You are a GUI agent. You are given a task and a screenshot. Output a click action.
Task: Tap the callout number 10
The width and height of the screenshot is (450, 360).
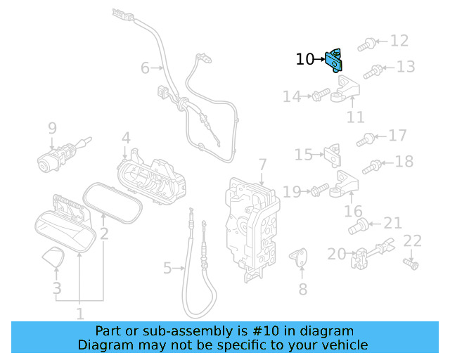(x=306, y=60)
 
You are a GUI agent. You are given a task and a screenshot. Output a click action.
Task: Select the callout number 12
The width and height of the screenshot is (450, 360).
(x=399, y=41)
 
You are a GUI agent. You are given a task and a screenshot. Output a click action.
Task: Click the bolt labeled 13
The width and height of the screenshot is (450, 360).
(x=373, y=70)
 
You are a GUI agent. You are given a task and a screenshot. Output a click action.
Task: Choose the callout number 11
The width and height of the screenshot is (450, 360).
(x=356, y=116)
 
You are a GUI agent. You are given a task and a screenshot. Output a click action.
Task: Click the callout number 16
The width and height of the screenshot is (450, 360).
(x=353, y=211)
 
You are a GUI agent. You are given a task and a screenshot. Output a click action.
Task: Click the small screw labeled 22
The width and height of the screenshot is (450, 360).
(x=412, y=264)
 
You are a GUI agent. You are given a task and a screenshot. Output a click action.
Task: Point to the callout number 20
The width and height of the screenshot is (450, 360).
(x=337, y=254)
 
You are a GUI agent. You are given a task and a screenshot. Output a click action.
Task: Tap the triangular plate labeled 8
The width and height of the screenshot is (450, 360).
(x=301, y=257)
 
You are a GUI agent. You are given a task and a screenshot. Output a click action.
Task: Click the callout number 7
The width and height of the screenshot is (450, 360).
(x=262, y=165)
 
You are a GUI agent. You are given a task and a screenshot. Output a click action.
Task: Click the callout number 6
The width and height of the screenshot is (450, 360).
(x=145, y=68)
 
